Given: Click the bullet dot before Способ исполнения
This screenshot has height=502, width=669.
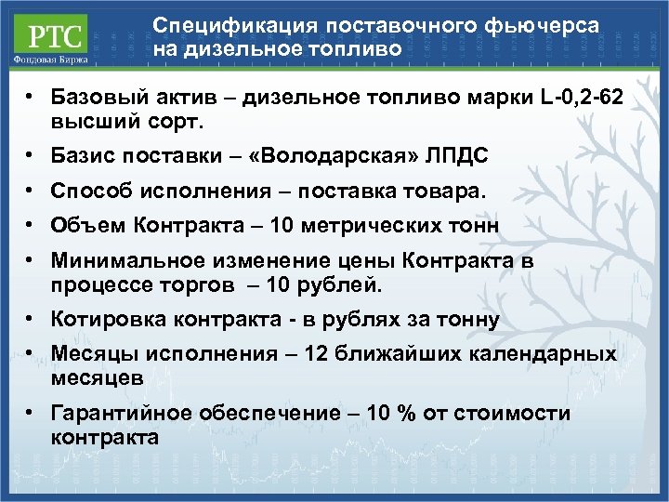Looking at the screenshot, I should pyautogui.click(x=31, y=191).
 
